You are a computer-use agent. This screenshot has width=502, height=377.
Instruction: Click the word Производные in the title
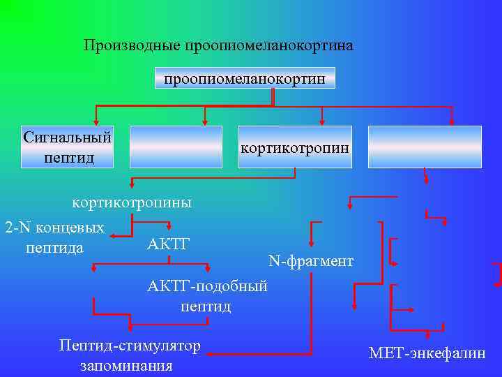[x=132, y=46]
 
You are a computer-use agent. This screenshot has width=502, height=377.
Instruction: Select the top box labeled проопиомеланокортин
[x=245, y=78]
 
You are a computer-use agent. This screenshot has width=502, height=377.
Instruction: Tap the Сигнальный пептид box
[x=68, y=147]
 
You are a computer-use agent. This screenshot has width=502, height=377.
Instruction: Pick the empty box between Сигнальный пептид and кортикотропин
[x=176, y=147]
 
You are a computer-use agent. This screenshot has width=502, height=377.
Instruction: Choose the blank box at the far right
[x=425, y=147]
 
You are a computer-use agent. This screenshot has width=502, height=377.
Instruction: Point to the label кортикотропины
[x=132, y=203]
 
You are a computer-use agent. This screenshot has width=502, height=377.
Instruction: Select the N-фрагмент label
[x=311, y=262]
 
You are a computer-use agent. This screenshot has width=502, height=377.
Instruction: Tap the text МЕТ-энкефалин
[x=427, y=353]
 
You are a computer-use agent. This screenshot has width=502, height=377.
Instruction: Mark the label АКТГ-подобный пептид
[x=207, y=296]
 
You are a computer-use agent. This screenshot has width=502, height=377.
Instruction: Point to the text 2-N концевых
[x=54, y=228]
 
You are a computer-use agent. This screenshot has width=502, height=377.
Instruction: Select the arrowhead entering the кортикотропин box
[x=321, y=121]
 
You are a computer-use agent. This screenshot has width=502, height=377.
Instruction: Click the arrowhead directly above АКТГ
[x=170, y=226]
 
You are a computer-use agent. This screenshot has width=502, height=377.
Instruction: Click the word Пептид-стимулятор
[x=130, y=346]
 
